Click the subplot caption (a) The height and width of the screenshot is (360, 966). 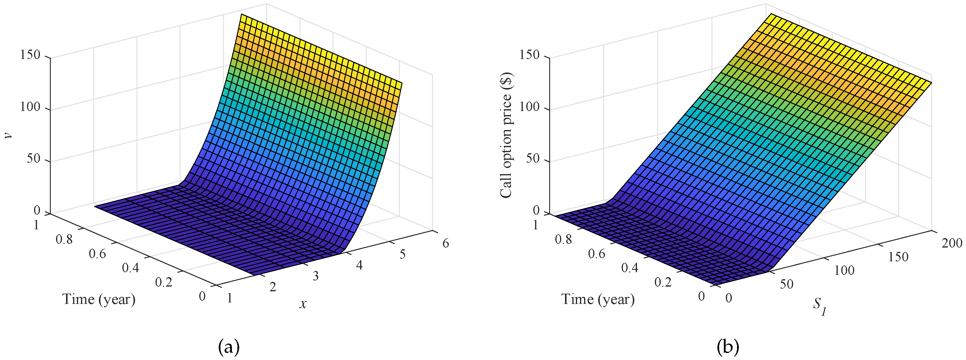pos(228,347)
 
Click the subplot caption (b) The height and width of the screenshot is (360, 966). pos(728,347)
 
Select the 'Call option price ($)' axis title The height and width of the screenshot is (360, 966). pos(506,136)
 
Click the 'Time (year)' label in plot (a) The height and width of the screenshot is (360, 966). pos(99,299)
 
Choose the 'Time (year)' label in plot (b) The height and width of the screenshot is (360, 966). pos(598,299)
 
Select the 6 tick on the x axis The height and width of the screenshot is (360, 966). pos(446,243)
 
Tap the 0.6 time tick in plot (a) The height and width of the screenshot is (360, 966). pos(97,254)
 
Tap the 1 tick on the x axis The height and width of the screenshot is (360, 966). pos(230,298)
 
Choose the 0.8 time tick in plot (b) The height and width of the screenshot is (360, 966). pos(563,240)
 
